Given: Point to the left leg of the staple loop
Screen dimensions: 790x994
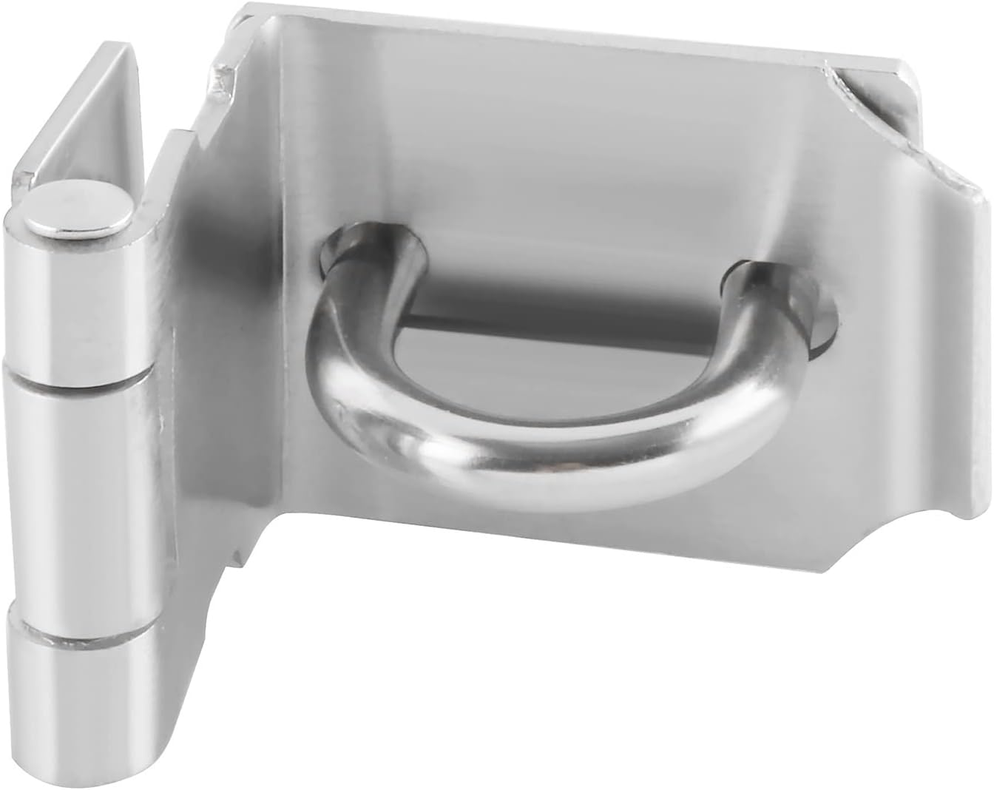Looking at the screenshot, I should (355, 325).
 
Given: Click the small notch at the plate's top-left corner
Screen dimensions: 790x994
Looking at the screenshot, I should (222, 81).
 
